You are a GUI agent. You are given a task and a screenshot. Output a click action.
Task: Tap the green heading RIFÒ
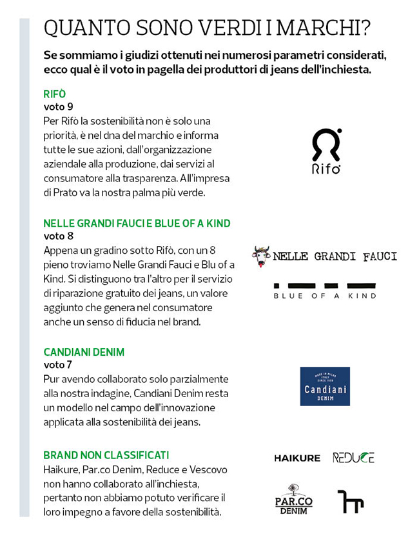click(x=55, y=94)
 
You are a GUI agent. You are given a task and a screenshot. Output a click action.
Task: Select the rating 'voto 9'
click(x=58, y=107)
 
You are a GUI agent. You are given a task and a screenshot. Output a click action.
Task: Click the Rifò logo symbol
click(x=326, y=145)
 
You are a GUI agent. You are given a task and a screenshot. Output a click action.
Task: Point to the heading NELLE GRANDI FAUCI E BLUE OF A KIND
click(x=137, y=223)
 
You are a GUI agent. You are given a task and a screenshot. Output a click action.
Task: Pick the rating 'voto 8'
click(x=58, y=236)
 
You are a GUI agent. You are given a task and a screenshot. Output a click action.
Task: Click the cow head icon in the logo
click(x=261, y=256)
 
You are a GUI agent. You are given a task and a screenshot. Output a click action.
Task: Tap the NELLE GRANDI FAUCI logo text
click(x=335, y=256)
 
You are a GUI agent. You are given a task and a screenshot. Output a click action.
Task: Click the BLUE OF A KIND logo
click(x=325, y=291)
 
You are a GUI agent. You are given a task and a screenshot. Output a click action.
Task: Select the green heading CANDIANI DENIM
click(x=84, y=353)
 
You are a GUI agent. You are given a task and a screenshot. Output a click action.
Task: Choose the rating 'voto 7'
click(x=58, y=365)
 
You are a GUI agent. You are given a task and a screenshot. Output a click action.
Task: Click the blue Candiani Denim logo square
click(x=325, y=386)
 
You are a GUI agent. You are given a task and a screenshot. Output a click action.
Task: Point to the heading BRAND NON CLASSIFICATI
click(x=106, y=456)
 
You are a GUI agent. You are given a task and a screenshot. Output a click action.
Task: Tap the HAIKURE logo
click(x=297, y=458)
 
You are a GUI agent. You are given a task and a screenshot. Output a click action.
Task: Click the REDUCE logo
click(x=353, y=458)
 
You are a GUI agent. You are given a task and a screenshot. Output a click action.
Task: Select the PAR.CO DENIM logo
click(x=294, y=500)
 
